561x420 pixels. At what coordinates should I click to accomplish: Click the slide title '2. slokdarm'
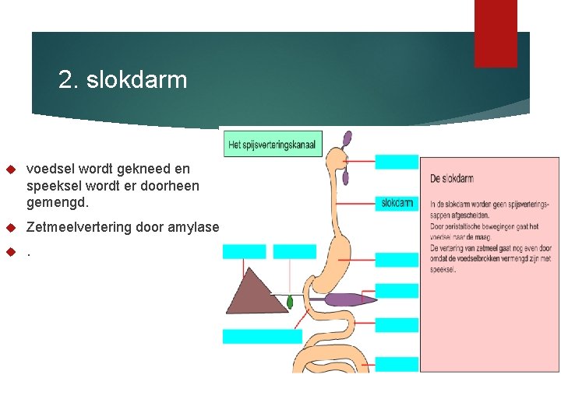(122, 80)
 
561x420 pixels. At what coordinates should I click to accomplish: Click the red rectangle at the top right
(496, 33)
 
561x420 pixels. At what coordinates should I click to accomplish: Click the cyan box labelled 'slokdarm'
(397, 203)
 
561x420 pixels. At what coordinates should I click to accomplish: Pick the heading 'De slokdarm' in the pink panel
(451, 179)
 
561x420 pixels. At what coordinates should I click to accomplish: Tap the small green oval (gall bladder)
(291, 301)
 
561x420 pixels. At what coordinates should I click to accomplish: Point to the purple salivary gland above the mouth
(347, 140)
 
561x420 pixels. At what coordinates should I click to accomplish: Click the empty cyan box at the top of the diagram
(397, 162)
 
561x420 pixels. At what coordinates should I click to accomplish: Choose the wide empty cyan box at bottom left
(262, 336)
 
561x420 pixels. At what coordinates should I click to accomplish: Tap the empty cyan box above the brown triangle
(244, 251)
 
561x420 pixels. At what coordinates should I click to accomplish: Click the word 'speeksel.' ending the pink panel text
(443, 269)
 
